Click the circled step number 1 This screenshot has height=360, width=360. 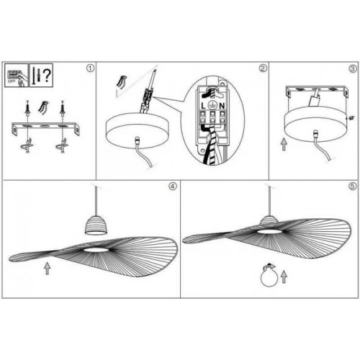pyautogui.click(x=90, y=69)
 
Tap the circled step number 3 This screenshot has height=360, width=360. pyautogui.click(x=353, y=69)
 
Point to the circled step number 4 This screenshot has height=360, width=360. pyautogui.click(x=172, y=185)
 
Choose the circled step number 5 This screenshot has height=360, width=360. pyautogui.click(x=353, y=185)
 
